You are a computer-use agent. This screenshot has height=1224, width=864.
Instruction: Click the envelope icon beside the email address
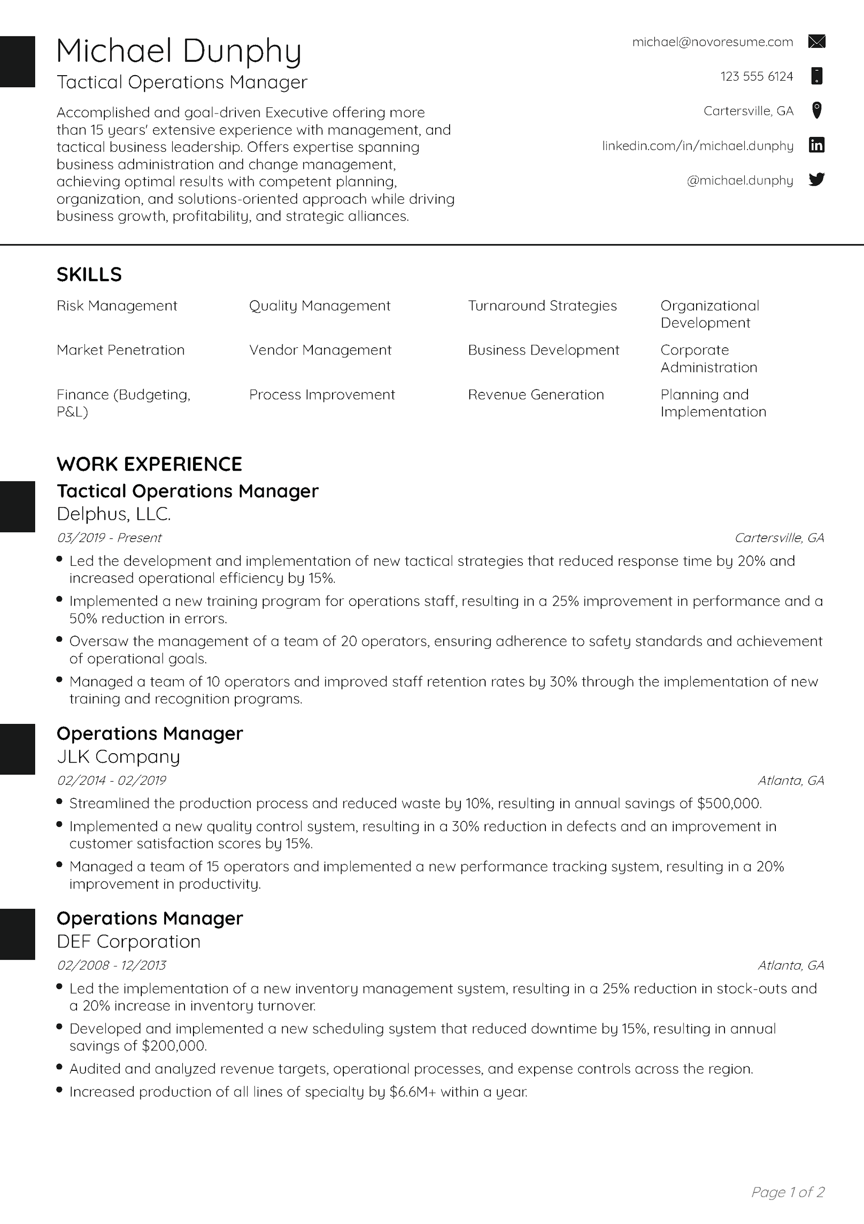817,41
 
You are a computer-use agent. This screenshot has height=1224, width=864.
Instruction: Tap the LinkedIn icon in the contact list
817,145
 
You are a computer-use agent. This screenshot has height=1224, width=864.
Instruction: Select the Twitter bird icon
817,180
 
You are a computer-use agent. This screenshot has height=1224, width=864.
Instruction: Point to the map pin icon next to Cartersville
817,110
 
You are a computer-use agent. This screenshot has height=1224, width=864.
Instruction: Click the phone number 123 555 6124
756,77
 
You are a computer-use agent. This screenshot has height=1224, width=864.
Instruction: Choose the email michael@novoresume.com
712,42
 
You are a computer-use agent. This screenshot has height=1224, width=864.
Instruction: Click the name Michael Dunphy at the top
179,52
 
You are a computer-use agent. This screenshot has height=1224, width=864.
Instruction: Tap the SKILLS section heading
89,274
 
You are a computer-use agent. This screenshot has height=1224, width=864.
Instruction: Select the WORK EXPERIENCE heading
149,464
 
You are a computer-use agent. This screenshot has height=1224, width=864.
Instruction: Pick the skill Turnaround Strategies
542,306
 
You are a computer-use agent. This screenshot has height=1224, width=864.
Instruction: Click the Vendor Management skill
320,350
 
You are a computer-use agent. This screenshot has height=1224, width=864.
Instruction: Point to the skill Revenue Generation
536,395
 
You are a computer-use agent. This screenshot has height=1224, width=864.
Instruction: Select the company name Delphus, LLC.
113,514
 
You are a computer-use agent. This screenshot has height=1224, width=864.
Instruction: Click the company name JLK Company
118,756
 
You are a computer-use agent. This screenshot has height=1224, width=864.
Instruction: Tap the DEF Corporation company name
128,942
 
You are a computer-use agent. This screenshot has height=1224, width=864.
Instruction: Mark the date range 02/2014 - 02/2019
111,780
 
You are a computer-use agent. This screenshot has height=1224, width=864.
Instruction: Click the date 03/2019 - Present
109,538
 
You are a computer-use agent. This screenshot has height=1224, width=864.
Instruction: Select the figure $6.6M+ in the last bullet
413,1092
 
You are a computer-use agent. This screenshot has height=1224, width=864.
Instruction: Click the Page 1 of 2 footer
787,1192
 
